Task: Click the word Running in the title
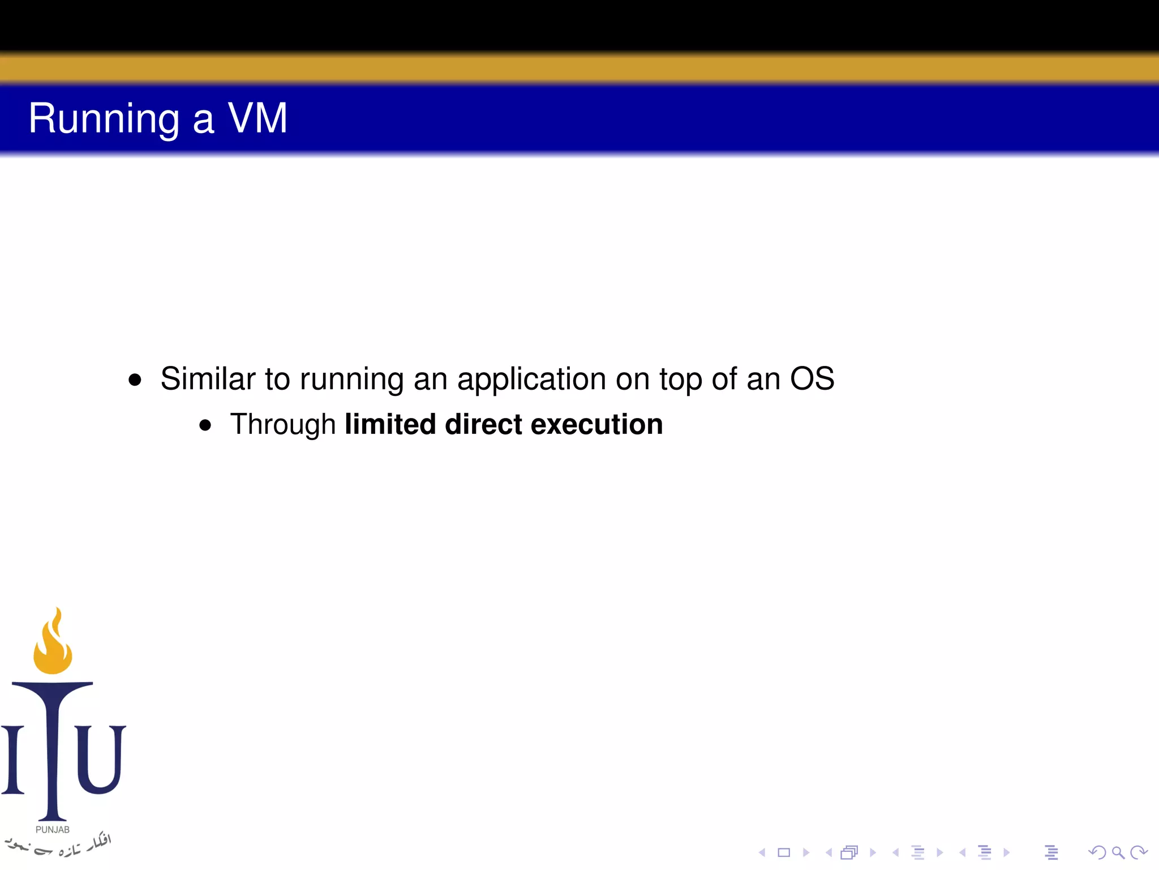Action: point(104,119)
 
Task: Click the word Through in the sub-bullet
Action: point(283,425)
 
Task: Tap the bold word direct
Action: point(483,424)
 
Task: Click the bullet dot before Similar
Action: point(135,379)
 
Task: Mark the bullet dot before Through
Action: point(205,425)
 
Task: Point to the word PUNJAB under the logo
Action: point(53,829)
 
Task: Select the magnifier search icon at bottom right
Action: point(1118,852)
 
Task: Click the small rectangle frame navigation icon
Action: point(784,852)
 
